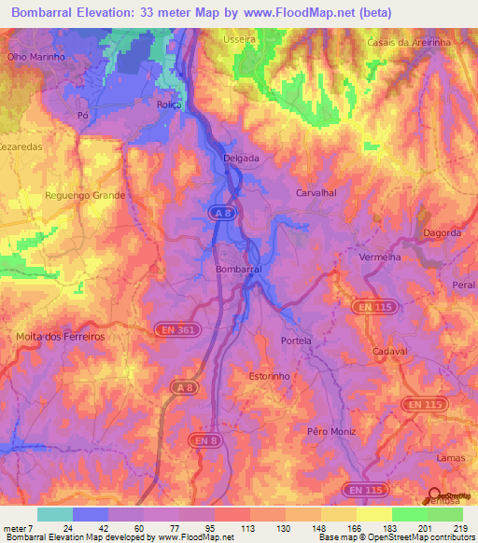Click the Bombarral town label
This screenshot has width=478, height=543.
tap(238, 268)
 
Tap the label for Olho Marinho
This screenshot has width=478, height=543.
tap(35, 57)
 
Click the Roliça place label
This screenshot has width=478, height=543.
tap(169, 105)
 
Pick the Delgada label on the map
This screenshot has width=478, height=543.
tap(241, 159)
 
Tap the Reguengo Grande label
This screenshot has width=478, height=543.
tap(85, 196)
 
